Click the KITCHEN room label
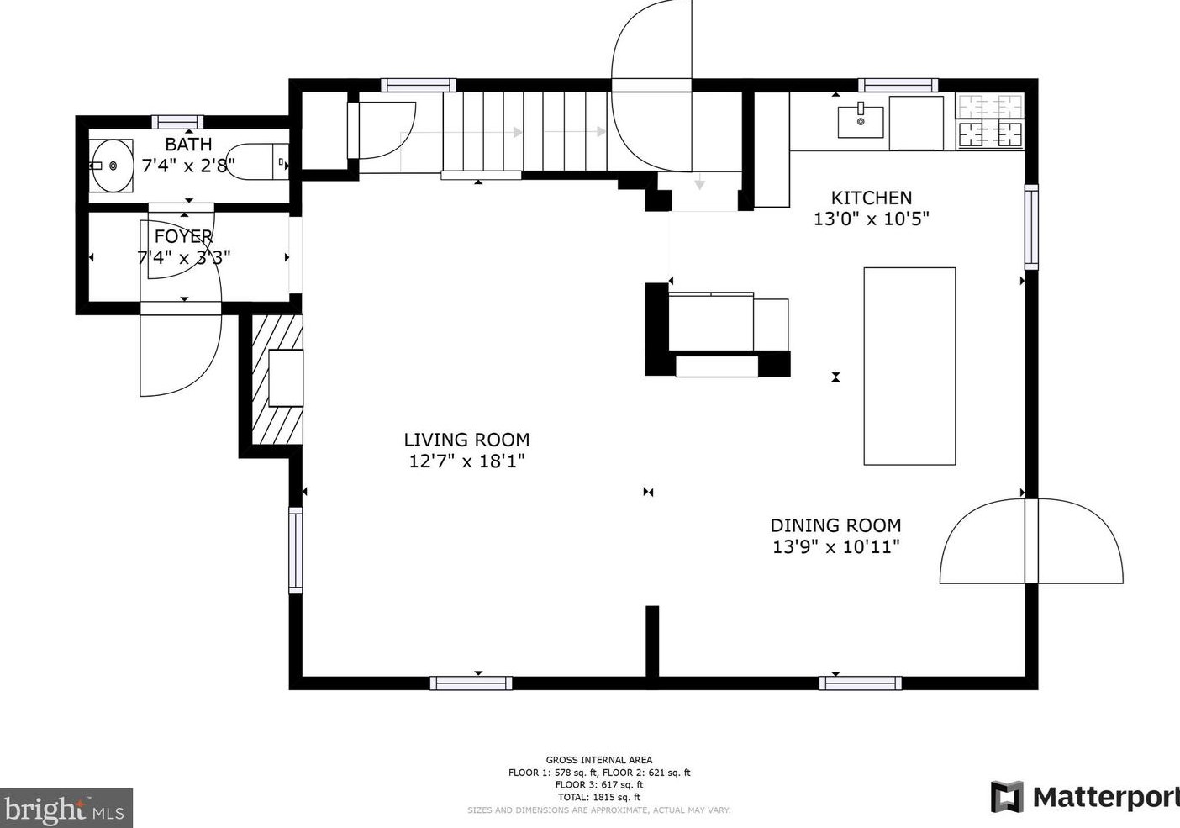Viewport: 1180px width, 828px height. coord(871,198)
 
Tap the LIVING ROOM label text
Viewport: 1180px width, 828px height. coord(466,440)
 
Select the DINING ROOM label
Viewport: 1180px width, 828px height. coord(835,525)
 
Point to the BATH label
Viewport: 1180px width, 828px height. coord(188,145)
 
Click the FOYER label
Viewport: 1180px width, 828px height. coord(183,237)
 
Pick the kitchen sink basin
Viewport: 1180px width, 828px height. coord(860,122)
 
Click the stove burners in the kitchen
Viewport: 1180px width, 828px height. coord(991,120)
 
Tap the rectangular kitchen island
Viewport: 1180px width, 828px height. coord(909,366)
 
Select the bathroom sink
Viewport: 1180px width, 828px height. coord(111,166)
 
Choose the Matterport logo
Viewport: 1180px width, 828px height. coord(1084,796)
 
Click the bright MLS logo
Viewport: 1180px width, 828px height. coord(66,809)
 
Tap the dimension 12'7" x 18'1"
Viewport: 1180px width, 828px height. coord(466,461)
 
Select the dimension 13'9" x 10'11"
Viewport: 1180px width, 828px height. coord(835,547)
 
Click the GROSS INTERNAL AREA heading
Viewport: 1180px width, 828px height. coord(598,760)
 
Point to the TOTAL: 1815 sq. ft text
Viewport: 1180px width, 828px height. coord(598,797)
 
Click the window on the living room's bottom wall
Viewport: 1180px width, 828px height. coord(471,683)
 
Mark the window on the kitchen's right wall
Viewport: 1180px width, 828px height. coord(1030,227)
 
